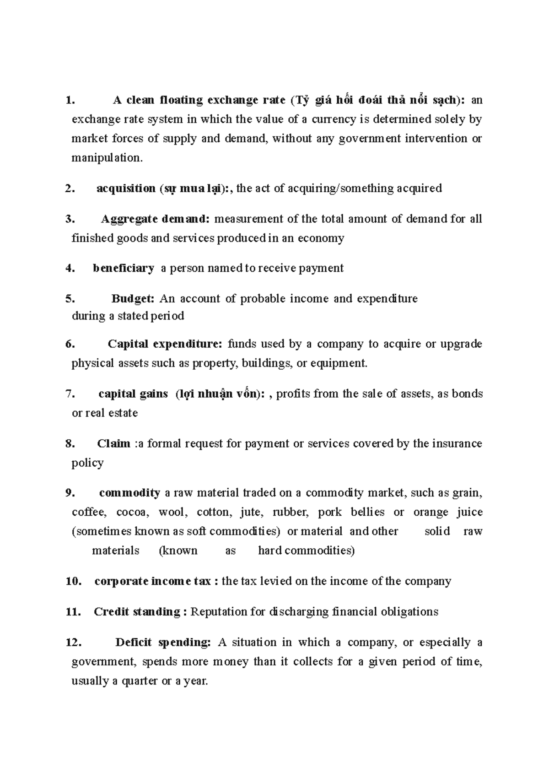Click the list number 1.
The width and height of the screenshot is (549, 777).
(69, 100)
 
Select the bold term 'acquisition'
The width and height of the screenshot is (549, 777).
(126, 189)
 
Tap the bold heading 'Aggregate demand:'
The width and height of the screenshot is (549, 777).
(155, 219)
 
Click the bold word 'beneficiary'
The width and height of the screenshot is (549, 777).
(123, 268)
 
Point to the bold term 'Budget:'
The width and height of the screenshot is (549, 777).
(133, 299)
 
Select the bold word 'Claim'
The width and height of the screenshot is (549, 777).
(113, 443)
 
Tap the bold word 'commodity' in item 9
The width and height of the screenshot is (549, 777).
(129, 493)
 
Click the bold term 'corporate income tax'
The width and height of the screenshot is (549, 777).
(152, 581)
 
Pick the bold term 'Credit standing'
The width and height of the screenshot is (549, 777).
(137, 612)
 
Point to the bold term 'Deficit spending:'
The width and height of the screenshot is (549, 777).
(163, 642)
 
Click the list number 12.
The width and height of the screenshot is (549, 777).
(74, 642)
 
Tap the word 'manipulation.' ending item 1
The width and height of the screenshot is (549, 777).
(107, 158)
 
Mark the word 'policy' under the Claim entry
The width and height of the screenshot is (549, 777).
(87, 463)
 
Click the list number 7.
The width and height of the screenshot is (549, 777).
(70, 394)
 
